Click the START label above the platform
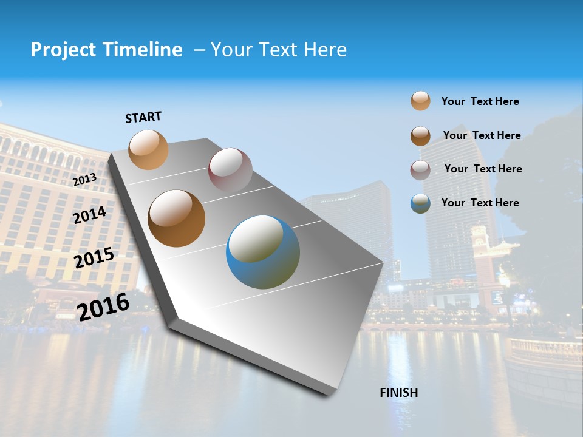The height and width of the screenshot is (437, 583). pyautogui.click(x=143, y=117)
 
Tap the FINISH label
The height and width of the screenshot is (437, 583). pyautogui.click(x=398, y=393)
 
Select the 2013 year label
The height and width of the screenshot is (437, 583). pyautogui.click(x=84, y=180)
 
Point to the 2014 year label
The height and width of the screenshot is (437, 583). pyautogui.click(x=89, y=215)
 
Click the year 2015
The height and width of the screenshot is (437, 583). pyautogui.click(x=94, y=258)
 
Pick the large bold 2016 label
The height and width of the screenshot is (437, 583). pyautogui.click(x=103, y=306)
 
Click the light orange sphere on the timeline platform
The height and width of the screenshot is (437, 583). pyautogui.click(x=149, y=149)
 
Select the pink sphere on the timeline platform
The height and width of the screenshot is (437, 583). pyautogui.click(x=230, y=170)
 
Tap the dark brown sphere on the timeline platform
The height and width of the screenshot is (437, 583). pyautogui.click(x=176, y=218)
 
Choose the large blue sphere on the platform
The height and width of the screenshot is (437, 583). pyautogui.click(x=263, y=252)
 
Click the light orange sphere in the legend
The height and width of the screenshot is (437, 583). pyautogui.click(x=420, y=101)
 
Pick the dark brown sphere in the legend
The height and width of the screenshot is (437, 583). pyautogui.click(x=420, y=135)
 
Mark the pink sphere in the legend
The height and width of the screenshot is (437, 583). pyautogui.click(x=420, y=169)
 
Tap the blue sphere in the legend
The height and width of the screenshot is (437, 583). pyautogui.click(x=420, y=203)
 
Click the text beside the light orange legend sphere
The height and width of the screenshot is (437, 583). pyautogui.click(x=480, y=101)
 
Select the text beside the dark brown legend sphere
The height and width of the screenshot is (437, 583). pyautogui.click(x=482, y=135)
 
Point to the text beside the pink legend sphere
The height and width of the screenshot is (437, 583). pyautogui.click(x=483, y=169)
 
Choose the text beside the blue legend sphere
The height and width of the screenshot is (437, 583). pyautogui.click(x=480, y=203)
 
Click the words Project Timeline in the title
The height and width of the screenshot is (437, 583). pyautogui.click(x=106, y=50)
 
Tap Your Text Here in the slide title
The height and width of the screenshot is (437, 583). pyautogui.click(x=278, y=50)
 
